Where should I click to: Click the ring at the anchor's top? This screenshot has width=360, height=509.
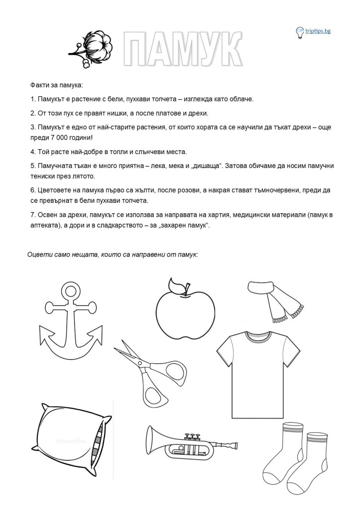[68, 289]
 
